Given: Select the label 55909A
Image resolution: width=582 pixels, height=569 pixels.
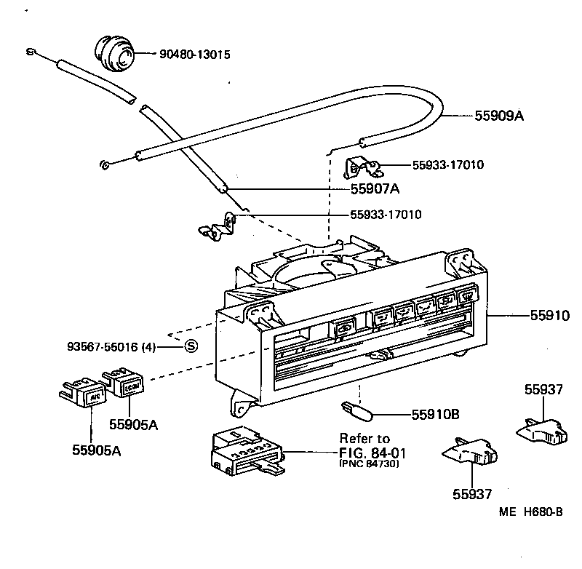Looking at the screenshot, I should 500,116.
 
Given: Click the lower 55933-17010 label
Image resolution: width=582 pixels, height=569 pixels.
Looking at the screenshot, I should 386,215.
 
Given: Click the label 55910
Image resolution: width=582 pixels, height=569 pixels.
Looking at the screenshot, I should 549,316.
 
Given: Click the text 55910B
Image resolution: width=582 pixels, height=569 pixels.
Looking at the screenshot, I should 435,414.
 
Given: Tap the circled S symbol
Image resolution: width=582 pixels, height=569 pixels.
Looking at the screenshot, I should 191,346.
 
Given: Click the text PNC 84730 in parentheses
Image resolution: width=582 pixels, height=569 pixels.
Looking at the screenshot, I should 369,463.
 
